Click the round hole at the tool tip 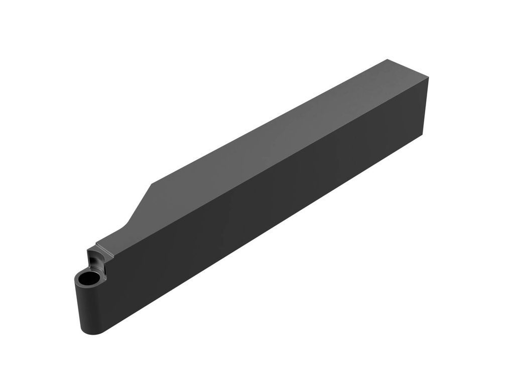point(88,278)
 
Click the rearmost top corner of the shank point(388,60)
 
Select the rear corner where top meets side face point(428,77)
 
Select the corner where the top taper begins point(152,184)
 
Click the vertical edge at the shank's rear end point(425,106)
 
